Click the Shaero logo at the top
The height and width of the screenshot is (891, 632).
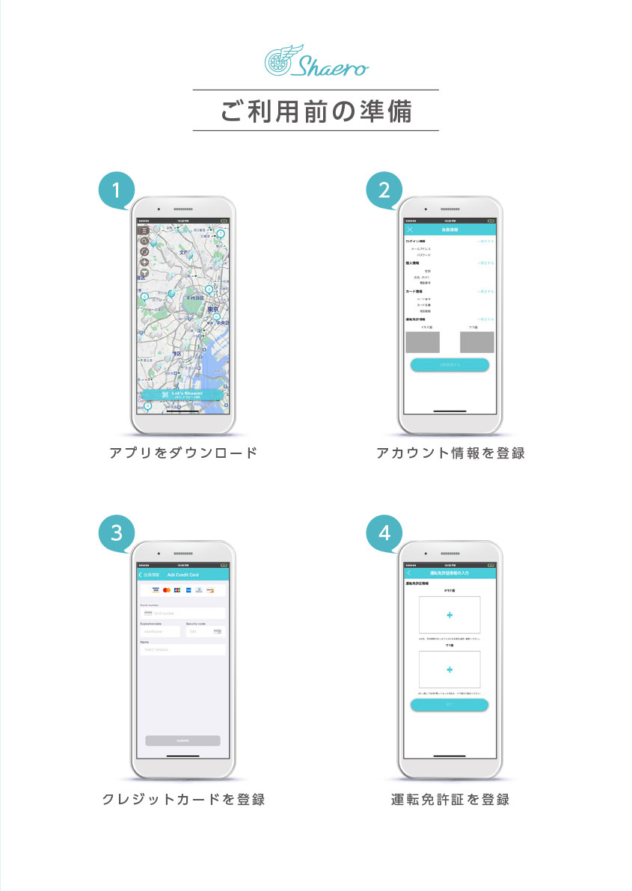(x=316, y=61)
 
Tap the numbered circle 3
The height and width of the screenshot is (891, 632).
(x=117, y=533)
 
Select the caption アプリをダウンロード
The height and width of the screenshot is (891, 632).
(x=183, y=453)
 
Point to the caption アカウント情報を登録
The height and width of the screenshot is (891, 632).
(x=450, y=453)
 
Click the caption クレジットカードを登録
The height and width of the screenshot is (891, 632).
(x=183, y=800)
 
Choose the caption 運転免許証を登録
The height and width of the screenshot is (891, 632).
(x=450, y=800)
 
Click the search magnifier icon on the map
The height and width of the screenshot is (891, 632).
(x=144, y=241)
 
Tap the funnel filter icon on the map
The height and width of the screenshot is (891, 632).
(x=144, y=273)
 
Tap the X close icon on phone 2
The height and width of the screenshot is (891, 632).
(x=410, y=230)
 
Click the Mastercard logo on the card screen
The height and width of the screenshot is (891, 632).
(x=167, y=591)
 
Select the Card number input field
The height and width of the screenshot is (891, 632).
(x=183, y=613)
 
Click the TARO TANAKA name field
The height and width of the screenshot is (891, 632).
(x=183, y=650)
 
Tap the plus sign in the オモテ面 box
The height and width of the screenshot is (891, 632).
(x=450, y=615)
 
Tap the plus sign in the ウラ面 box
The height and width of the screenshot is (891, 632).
(x=450, y=670)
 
